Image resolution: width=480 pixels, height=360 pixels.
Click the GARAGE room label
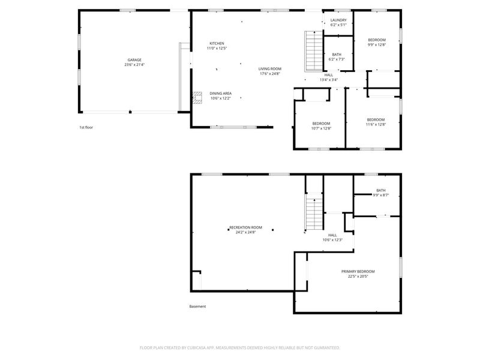(134, 60)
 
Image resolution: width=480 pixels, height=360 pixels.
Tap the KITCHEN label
(217, 43)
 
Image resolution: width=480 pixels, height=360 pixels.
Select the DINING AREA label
(220, 94)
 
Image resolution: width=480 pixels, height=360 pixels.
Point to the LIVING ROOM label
(269, 69)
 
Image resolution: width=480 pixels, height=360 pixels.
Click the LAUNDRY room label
(338, 20)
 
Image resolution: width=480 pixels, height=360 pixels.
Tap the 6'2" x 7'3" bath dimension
(337, 59)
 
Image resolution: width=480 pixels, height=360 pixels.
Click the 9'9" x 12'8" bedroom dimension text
(377, 44)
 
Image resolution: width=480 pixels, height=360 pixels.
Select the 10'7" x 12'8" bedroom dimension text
(321, 128)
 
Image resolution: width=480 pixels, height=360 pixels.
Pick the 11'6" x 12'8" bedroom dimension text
(376, 125)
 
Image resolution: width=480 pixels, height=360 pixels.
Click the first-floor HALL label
(329, 75)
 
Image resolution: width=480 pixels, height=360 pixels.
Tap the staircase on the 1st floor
(314, 51)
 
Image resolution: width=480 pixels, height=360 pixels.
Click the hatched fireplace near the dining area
(197, 98)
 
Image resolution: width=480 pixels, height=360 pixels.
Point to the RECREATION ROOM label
(246, 227)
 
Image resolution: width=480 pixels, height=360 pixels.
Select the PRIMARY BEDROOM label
(358, 272)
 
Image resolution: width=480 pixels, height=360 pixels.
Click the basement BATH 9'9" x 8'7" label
(381, 193)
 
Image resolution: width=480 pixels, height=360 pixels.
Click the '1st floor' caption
(86, 127)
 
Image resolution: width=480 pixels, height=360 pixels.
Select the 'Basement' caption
(197, 307)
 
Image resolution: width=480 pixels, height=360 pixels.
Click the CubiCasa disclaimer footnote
(239, 348)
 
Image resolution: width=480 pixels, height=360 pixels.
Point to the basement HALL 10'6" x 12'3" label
(332, 238)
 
